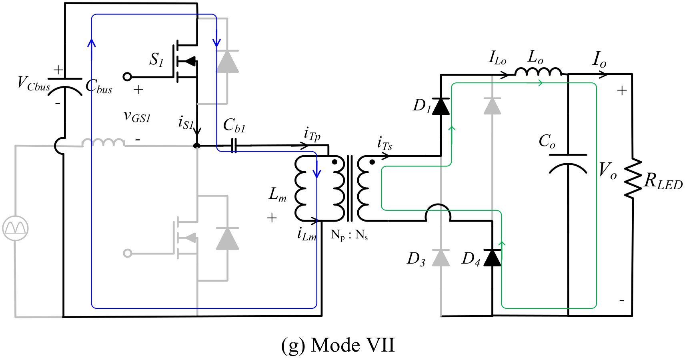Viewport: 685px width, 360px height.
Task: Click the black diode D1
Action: coord(441,106)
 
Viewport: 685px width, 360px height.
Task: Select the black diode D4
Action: coord(492,258)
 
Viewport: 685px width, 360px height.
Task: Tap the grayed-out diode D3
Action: coord(441,258)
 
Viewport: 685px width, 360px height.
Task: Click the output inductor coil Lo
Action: coord(538,72)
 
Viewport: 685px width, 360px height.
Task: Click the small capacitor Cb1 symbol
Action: coord(234,146)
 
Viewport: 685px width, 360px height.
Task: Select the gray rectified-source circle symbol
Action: coord(15,228)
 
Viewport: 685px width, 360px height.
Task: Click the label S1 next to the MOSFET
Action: coord(156,60)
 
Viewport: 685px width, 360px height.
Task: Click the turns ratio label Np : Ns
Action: coord(349,235)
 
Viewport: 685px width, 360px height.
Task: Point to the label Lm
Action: coord(278,194)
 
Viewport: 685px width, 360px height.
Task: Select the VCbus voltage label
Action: coord(34,84)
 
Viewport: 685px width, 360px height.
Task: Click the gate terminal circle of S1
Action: coord(127,77)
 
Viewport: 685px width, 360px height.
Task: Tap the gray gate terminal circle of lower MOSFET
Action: coord(127,253)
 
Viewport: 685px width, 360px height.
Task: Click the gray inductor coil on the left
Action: coord(103,142)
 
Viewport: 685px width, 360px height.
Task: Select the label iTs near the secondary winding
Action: coord(385,144)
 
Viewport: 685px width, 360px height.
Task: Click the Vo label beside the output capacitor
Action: coord(607,170)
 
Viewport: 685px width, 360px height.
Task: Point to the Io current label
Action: coord(599,59)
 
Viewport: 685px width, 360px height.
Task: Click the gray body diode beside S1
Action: coord(227,62)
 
